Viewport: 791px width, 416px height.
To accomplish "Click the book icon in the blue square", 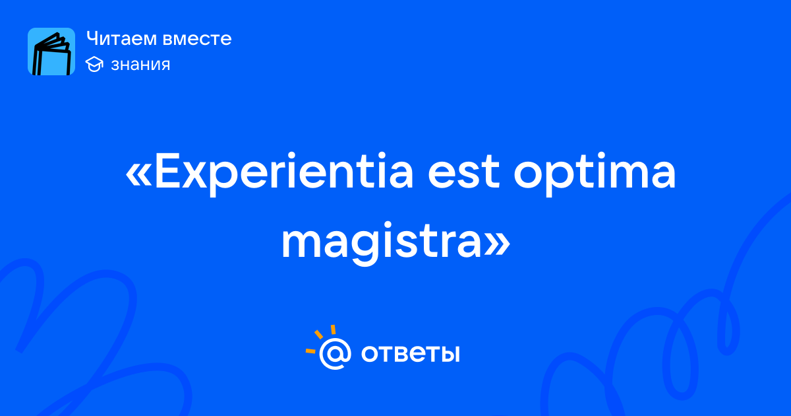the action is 51,53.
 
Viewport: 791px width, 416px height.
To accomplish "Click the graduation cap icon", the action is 94,64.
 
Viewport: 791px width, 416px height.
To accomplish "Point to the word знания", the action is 140,65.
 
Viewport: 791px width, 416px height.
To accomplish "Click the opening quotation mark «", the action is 138,176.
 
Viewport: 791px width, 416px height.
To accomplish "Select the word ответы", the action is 410,353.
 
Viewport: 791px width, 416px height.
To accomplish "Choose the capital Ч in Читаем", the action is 93,38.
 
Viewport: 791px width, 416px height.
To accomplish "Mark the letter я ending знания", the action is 165,65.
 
